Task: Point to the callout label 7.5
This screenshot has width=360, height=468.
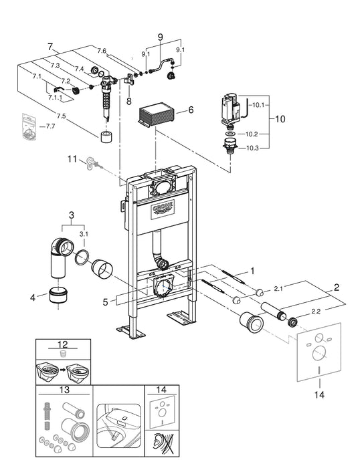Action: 61,116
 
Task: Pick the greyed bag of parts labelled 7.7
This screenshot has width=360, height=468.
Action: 28,126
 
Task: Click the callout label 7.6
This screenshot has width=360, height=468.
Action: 102,51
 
